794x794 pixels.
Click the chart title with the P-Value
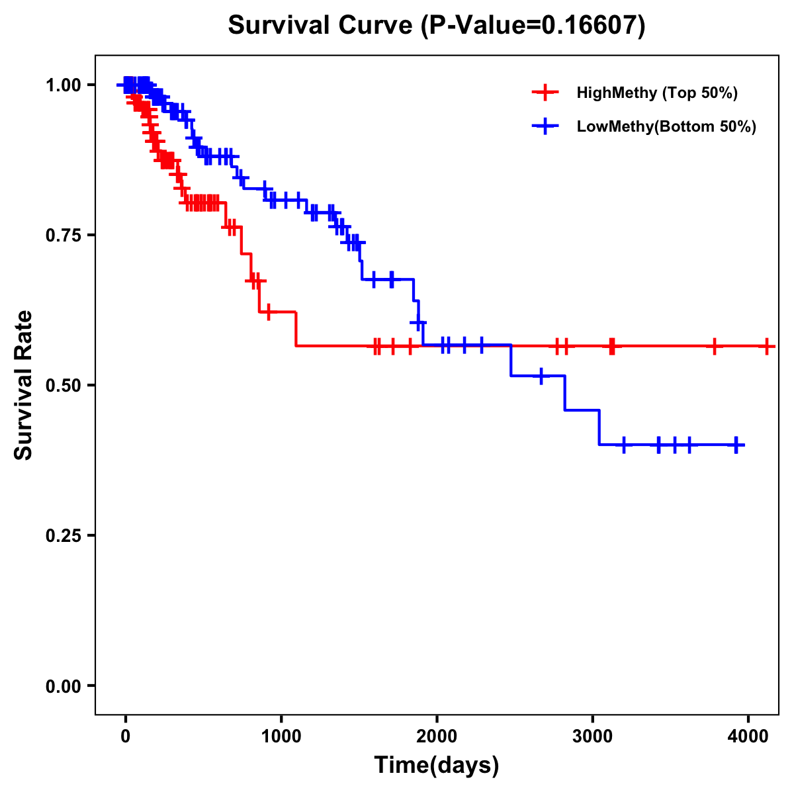point(437,25)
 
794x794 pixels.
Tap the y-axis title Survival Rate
point(24,385)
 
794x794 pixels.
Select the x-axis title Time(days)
point(437,765)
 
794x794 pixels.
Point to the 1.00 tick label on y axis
point(63,85)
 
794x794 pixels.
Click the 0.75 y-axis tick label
point(63,235)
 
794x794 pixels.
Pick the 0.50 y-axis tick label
point(63,385)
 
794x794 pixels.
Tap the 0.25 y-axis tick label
point(63,535)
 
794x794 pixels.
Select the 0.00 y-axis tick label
point(63,685)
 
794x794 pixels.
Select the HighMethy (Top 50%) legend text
point(656,93)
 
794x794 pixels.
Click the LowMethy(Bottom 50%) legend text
point(666,127)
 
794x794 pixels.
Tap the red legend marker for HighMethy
point(545,93)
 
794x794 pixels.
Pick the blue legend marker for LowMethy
point(545,127)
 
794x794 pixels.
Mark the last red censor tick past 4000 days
point(766,346)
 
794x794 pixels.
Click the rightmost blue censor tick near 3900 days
point(736,445)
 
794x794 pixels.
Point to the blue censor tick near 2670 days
point(541,376)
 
